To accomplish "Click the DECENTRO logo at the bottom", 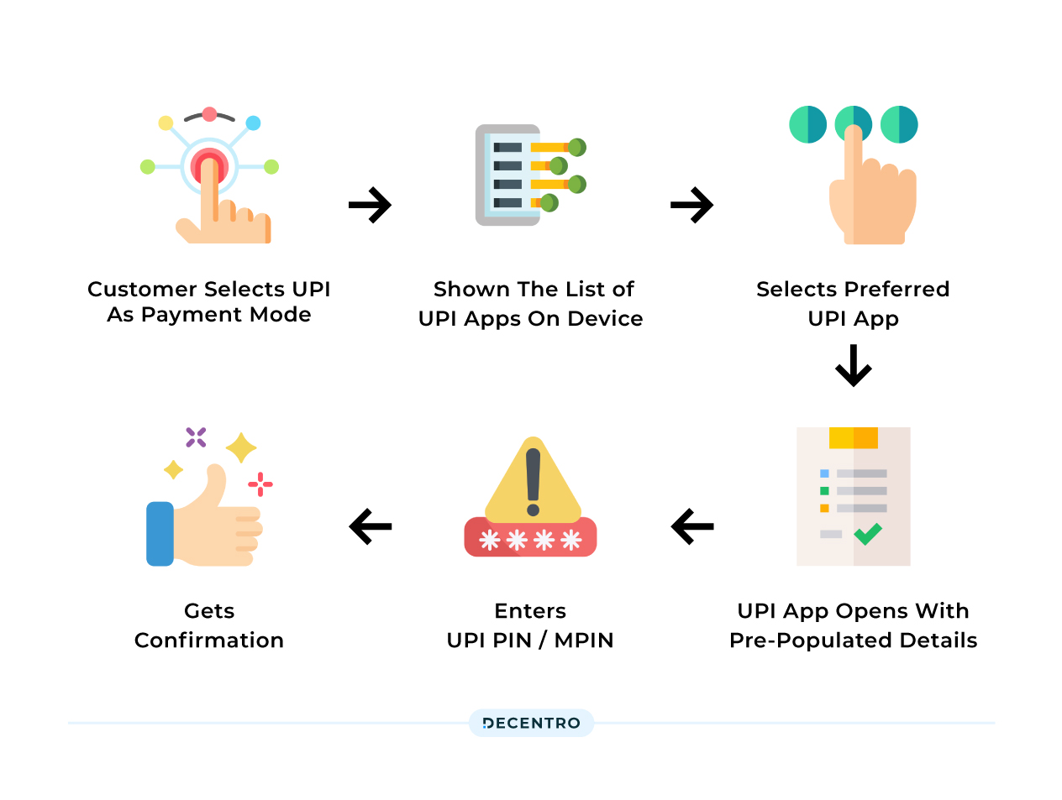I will coord(531,723).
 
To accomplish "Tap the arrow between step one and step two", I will coord(371,205).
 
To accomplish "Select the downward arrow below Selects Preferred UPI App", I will coord(854,365).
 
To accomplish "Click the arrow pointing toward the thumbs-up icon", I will coord(371,527).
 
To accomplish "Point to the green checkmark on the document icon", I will coord(868,533).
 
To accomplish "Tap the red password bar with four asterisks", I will coord(530,539).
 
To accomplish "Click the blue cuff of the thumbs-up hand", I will coord(160,534).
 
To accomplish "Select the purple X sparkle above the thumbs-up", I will coord(196,437).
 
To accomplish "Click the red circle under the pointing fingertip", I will coord(209,164).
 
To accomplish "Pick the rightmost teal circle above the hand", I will coord(899,124).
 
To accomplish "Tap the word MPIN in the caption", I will coord(584,641).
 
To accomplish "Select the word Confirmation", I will coord(209,641).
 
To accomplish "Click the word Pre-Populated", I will coord(799,641).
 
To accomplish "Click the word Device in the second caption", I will coord(605,319).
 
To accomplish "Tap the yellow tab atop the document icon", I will coord(853,437).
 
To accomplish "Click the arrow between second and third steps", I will coord(692,205).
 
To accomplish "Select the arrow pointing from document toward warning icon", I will coord(692,527).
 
